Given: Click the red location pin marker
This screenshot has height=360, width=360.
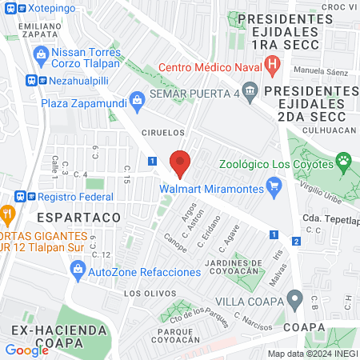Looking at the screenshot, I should [180, 162].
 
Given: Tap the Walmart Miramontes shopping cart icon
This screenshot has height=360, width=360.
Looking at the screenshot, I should [275, 188].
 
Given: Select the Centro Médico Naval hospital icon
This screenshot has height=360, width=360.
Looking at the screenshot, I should [273, 65].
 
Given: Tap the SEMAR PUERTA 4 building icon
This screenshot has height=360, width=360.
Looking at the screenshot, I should [250, 90].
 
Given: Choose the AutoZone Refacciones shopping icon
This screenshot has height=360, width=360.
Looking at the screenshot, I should [78, 271].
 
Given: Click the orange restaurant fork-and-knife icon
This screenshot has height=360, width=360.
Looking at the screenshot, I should [8, 214].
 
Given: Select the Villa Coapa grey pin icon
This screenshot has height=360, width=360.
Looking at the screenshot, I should [295, 302].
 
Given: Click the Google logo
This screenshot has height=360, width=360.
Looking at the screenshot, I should [26, 350].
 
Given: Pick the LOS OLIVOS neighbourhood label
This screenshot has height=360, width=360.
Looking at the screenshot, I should [146, 294].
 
